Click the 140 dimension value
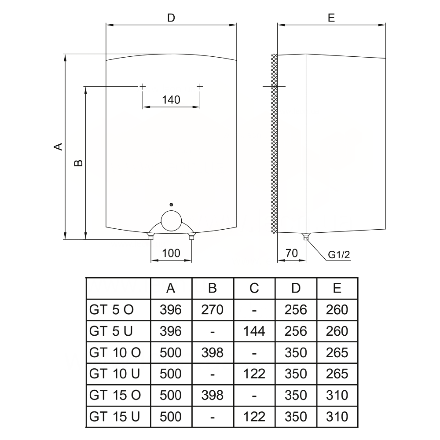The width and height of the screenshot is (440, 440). click(x=171, y=100)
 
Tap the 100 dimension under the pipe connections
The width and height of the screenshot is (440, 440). click(x=171, y=253)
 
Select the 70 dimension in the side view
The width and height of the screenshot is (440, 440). click(x=291, y=253)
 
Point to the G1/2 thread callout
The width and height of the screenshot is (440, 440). click(x=339, y=254)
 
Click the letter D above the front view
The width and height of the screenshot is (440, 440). click(x=171, y=18)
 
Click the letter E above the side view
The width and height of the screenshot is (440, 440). click(x=331, y=18)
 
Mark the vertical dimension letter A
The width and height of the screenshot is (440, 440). click(x=58, y=146)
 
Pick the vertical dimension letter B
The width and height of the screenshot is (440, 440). click(x=78, y=163)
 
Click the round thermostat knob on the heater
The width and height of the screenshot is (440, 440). click(x=171, y=220)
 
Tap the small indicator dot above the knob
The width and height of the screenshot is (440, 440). click(x=171, y=205)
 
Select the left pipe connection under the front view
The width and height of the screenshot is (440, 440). click(x=151, y=237)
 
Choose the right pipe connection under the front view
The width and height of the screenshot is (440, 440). click(x=191, y=237)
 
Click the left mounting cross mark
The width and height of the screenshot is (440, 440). click(x=143, y=87)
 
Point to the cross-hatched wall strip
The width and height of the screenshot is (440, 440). click(x=274, y=143)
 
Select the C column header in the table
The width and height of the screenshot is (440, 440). click(x=254, y=288)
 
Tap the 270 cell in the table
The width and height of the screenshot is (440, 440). click(x=212, y=310)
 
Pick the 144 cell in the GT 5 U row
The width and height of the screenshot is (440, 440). click(x=254, y=331)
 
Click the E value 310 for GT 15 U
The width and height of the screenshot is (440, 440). click(x=337, y=416)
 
